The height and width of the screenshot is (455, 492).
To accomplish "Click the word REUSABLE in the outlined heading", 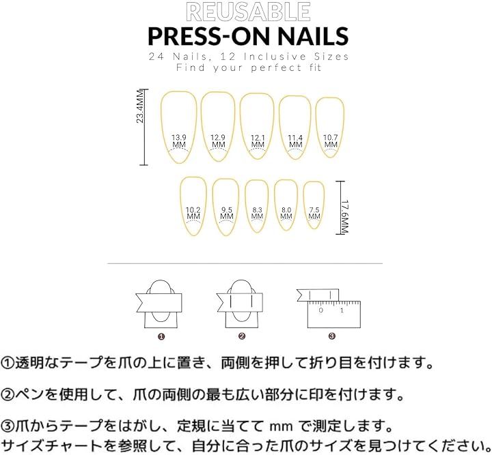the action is [x=248, y=12].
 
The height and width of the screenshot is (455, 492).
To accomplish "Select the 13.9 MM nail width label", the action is [x=179, y=141].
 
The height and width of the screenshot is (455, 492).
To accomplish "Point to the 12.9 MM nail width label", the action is [x=218, y=141].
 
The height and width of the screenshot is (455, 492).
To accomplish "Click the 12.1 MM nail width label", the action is [x=258, y=141].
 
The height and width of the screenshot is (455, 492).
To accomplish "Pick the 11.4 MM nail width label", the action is [x=295, y=141].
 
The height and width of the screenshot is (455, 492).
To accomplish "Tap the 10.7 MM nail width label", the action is [x=331, y=141].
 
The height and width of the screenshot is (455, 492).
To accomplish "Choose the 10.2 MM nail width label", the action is [x=193, y=213].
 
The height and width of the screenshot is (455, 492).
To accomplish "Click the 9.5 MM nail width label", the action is [x=227, y=213].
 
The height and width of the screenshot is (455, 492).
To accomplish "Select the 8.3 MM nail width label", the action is [x=257, y=213].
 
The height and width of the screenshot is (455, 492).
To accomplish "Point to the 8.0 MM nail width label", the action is [x=286, y=213].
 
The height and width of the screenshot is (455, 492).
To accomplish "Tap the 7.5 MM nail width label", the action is [x=314, y=213].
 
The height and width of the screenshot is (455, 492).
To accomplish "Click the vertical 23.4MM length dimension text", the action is [x=140, y=106].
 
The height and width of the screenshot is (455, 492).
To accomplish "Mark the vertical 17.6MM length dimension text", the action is [x=344, y=216].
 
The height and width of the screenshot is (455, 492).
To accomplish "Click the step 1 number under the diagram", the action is [x=161, y=336].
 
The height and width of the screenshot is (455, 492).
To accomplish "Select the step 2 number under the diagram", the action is [x=242, y=336].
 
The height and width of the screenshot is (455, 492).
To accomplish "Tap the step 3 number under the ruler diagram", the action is [x=332, y=336].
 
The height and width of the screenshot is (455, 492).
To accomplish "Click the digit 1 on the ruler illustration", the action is [x=342, y=310].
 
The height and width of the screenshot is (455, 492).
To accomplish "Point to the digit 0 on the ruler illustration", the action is [x=320, y=310].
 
